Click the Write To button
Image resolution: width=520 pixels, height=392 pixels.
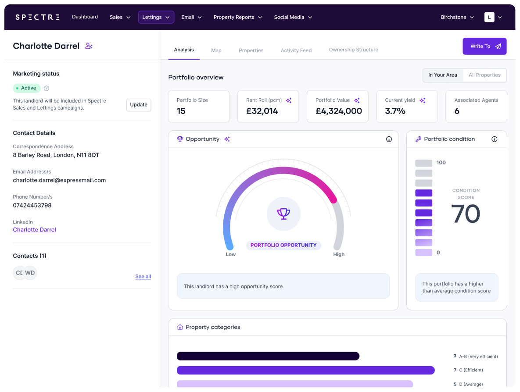click(x=484, y=46)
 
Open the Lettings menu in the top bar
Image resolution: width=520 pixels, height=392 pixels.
click(x=156, y=17)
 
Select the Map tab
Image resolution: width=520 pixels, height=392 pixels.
click(x=216, y=50)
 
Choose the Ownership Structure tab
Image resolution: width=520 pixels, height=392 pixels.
click(x=353, y=50)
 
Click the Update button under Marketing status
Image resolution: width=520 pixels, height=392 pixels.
click(x=139, y=105)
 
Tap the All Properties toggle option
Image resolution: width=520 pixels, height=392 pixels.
click(x=484, y=75)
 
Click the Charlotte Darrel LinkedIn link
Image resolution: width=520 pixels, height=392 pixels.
click(x=35, y=230)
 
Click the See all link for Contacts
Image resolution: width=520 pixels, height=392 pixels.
click(x=143, y=277)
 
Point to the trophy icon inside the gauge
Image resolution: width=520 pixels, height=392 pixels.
click(x=283, y=214)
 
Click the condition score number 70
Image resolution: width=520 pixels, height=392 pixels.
click(x=466, y=214)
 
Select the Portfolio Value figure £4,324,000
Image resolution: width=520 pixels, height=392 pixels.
click(x=339, y=111)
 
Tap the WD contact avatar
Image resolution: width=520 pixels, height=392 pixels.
click(x=30, y=273)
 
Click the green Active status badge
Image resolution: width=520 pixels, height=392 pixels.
click(x=27, y=88)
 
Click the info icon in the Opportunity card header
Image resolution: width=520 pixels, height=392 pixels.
click(x=389, y=139)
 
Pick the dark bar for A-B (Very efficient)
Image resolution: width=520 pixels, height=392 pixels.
click(x=268, y=356)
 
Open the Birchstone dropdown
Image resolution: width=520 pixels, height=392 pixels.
click(x=457, y=17)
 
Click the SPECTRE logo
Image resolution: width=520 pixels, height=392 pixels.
click(x=37, y=17)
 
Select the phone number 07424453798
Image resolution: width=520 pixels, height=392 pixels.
click(x=32, y=205)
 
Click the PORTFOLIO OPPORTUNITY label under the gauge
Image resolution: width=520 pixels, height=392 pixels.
click(x=283, y=245)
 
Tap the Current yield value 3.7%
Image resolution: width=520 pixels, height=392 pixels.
click(x=395, y=111)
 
